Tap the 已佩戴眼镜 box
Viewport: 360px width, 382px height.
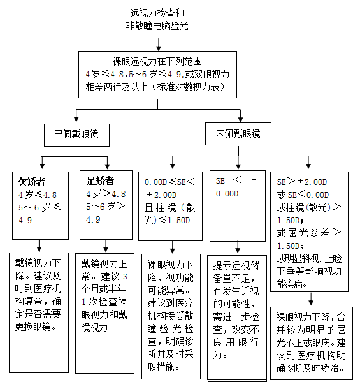point(76,135)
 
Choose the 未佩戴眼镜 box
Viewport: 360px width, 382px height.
point(238,134)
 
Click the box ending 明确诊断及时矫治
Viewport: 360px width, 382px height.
point(311,342)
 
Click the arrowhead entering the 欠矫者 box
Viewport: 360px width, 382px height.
point(41,165)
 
